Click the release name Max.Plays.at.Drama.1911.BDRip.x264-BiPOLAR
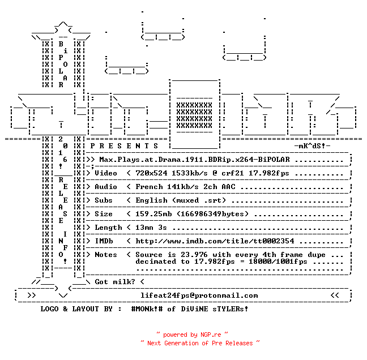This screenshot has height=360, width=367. (194, 160)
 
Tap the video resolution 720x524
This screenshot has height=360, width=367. (151, 173)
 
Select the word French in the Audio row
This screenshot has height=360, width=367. (149, 187)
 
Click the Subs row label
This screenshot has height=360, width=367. (104, 200)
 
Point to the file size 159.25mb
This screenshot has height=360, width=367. (153, 214)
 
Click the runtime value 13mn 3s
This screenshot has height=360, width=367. (151, 228)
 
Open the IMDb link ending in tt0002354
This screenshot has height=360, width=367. (215, 241)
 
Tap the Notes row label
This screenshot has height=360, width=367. (106, 255)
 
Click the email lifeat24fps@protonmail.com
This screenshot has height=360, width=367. (199, 295)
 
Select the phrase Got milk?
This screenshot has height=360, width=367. (115, 282)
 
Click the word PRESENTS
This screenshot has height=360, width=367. (124, 146)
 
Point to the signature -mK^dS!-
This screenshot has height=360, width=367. (312, 146)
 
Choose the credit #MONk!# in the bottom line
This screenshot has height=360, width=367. (147, 308)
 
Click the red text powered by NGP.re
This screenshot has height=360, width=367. (192, 335)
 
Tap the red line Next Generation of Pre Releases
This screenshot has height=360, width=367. (200, 343)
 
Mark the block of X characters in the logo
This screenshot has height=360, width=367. (194, 115)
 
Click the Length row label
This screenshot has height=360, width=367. (108, 228)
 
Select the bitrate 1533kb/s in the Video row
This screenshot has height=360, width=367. (190, 173)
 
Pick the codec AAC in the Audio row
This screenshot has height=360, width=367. (228, 187)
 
